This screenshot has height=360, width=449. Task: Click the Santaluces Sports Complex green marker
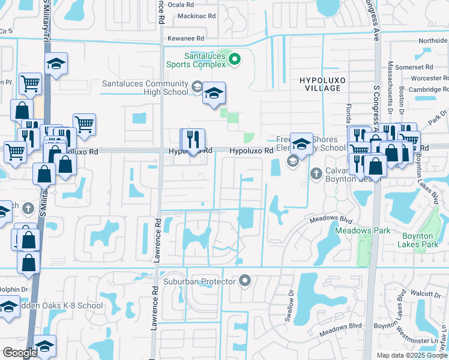pos(235,59)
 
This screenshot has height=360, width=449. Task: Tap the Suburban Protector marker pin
pos(244,280)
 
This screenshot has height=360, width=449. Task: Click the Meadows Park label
pos(362,230)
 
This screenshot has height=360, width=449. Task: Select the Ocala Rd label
pos(180,4)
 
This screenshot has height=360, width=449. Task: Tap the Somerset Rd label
pos(418,67)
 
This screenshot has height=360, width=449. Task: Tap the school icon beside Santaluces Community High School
pos(214,93)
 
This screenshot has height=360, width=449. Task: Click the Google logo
pos(20,352)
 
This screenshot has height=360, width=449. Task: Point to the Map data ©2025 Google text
pos(412,355)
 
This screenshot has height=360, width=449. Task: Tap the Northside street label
pos(433,41)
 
